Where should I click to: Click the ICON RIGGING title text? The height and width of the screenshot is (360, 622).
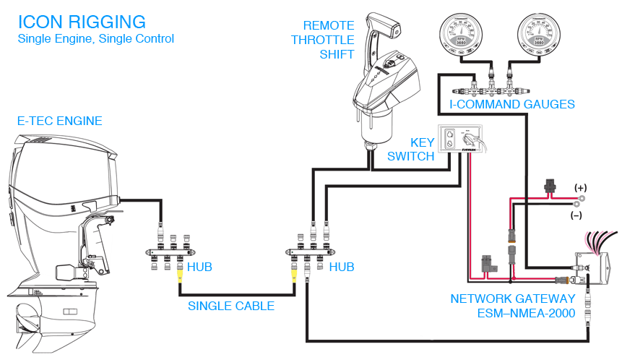click(x=82, y=22)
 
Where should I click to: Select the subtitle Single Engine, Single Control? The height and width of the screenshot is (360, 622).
click(x=95, y=38)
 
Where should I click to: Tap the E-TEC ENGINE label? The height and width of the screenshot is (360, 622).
click(x=60, y=121)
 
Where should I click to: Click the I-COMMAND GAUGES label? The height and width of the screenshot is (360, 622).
click(x=512, y=105)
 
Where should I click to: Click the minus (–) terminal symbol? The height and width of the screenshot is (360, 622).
click(x=576, y=215)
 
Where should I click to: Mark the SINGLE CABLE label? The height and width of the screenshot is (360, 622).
click(x=231, y=306)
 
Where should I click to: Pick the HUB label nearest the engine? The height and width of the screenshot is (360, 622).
click(x=199, y=267)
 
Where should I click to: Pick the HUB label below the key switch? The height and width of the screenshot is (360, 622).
click(x=342, y=267)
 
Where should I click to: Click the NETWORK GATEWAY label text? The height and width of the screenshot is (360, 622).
click(x=513, y=298)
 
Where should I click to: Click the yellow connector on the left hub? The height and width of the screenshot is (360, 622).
click(x=180, y=273)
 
